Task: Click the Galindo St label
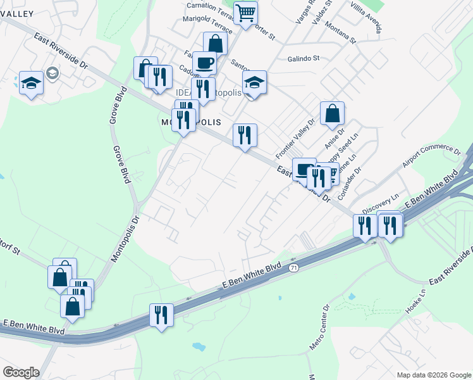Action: [304, 58]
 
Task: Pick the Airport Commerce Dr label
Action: [431, 160]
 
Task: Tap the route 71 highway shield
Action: [293, 269]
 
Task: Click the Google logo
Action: [21, 372]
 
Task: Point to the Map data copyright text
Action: [434, 374]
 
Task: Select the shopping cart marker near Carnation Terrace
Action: [245, 13]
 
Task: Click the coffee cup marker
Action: [204, 63]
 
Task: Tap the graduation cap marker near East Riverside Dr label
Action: [30, 83]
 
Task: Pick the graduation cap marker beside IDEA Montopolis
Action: [254, 82]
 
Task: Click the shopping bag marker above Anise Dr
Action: [332, 114]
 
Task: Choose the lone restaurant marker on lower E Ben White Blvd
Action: [161, 315]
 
